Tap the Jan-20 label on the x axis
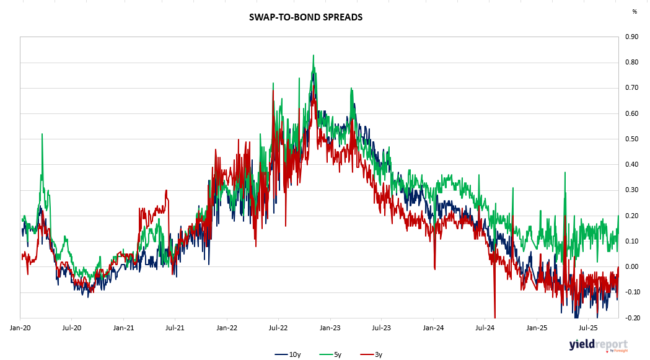click(21, 327)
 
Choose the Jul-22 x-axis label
click(278, 327)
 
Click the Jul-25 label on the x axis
click(587, 327)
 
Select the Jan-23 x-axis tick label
click(330, 327)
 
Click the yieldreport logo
click(598, 345)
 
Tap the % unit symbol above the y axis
click(634, 11)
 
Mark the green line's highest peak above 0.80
click(314, 55)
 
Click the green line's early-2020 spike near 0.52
click(42, 134)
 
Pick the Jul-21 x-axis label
click(175, 327)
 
